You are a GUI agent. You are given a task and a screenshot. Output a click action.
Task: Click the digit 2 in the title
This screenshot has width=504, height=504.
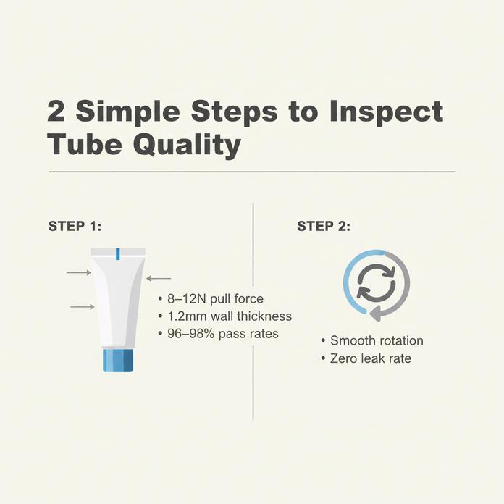(57, 112)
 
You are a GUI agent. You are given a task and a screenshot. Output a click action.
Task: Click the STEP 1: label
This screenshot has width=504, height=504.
(75, 226)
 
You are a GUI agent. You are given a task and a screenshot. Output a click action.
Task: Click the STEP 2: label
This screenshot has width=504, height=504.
(324, 226)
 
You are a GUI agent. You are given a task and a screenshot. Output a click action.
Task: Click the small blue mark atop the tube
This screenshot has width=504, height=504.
(117, 253)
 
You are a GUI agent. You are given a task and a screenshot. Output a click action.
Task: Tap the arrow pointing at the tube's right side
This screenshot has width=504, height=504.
(159, 278)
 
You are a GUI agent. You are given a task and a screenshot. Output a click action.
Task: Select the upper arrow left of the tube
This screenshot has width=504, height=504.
(78, 272)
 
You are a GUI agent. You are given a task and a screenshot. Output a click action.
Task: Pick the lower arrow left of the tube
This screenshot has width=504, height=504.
(82, 307)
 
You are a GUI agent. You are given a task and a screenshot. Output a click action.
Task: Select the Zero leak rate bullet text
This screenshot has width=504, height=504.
(370, 358)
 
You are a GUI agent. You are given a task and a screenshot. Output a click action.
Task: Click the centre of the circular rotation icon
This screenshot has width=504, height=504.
(376, 284)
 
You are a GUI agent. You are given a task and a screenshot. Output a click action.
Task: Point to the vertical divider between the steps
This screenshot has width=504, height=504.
(253, 311)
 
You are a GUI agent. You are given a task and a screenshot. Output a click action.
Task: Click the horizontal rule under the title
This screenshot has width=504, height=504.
(252, 172)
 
